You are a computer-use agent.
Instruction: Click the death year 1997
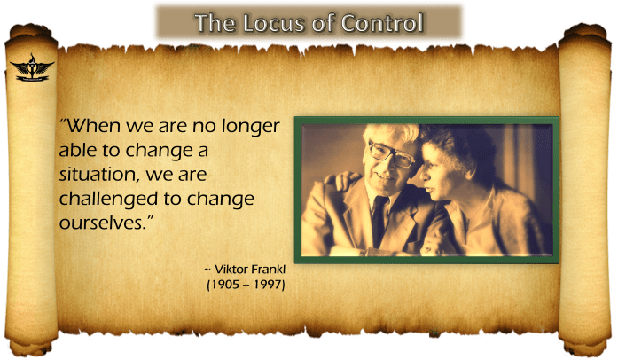coord(269,285)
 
